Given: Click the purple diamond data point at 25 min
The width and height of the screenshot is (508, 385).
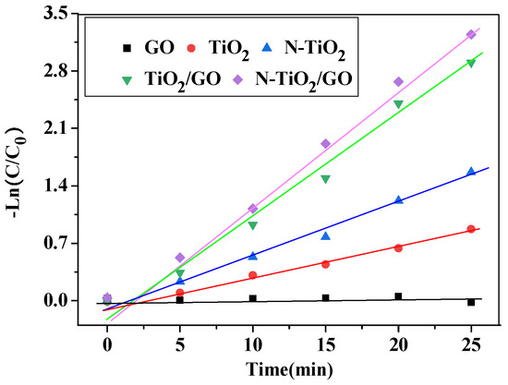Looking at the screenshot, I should (471, 34).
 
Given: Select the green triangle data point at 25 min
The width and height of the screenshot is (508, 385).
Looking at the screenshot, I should (471, 63).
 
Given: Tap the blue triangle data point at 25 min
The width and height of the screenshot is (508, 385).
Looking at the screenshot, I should (471, 171).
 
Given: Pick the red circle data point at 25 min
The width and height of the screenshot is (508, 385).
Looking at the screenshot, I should (471, 229).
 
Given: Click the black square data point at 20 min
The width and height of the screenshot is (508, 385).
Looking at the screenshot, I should (398, 296).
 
